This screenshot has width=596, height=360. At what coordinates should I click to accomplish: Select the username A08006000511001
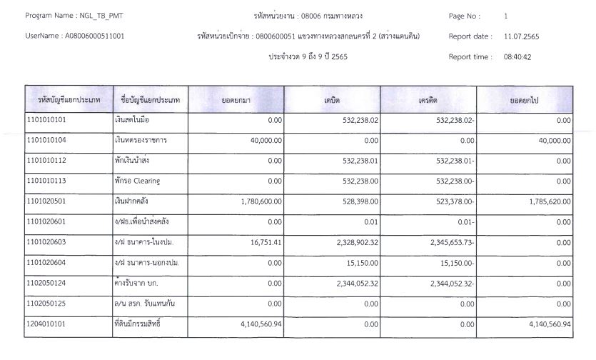tap(94, 36)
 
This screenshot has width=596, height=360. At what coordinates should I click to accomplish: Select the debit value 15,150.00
tap(360, 263)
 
